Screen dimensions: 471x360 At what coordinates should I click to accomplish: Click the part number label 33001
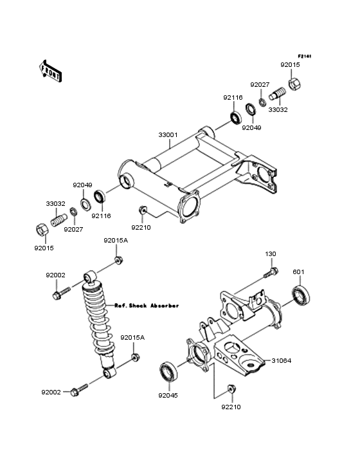(168, 136)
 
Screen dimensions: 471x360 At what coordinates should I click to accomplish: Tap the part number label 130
(271, 254)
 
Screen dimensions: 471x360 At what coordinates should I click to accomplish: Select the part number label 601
(298, 271)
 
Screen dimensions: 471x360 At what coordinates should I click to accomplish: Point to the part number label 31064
(281, 361)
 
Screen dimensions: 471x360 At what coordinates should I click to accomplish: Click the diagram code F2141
(304, 57)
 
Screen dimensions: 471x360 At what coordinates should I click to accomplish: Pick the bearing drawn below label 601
(301, 297)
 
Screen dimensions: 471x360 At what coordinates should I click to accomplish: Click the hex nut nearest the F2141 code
(295, 84)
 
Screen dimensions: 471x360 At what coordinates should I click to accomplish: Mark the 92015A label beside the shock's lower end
(134, 337)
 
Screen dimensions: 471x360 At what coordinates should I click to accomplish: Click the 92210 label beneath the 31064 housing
(231, 407)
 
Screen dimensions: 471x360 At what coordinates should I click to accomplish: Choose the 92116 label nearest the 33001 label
(233, 98)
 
